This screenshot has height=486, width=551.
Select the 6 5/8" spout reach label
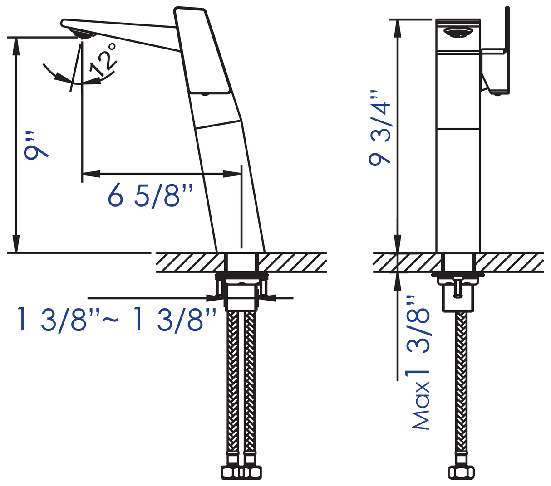(x=150, y=196)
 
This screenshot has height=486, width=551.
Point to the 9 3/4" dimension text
(x=379, y=128)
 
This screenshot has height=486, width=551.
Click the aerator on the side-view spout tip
(x=83, y=34)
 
